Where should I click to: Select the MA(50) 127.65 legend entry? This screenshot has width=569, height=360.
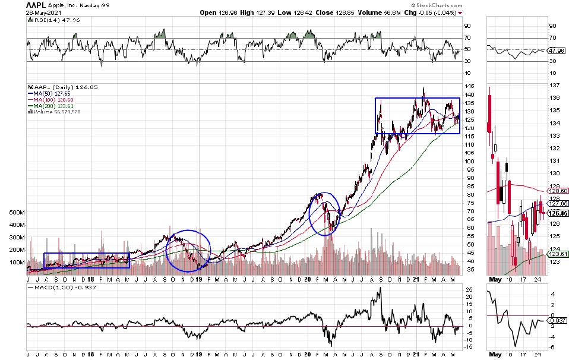pos(49,93)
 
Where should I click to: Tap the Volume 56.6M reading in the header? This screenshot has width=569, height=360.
pos(357,12)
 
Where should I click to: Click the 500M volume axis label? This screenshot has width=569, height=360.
pos(16,212)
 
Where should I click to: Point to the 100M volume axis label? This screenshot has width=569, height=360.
pos(16,262)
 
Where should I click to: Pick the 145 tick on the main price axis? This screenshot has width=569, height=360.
pos(469,86)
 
